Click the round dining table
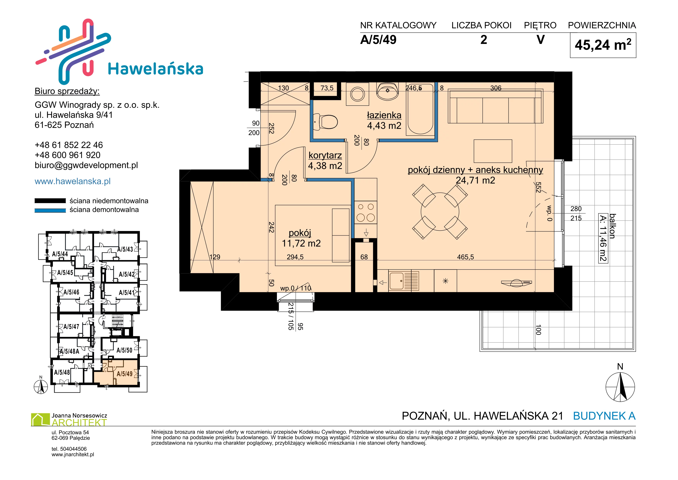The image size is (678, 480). click(440, 212)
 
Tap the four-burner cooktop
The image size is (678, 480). click(366, 212)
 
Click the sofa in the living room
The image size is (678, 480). click(495, 106)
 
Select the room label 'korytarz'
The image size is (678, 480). click(325, 155)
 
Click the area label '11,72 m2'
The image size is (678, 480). click(301, 243)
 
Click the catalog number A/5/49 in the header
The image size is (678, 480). click(378, 40)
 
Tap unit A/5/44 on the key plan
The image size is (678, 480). click(60, 254)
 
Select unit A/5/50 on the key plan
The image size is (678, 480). click(124, 350)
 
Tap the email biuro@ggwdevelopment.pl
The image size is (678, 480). click(86, 165)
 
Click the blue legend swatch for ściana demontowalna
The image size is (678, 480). click(50, 210)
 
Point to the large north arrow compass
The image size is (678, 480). click(620, 387)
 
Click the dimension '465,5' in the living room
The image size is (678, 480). click(465, 257)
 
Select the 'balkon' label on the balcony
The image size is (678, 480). click(613, 226)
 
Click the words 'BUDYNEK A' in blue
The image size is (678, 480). click(604, 416)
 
